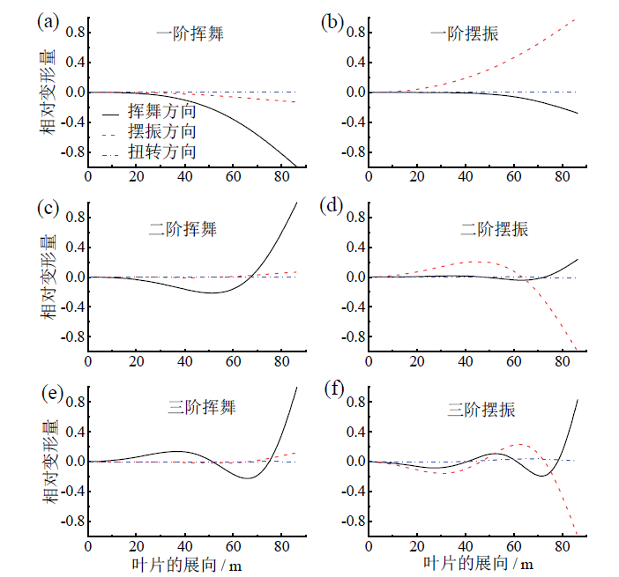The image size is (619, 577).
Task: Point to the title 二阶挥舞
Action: (183, 229)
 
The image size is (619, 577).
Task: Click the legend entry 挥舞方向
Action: (161, 113)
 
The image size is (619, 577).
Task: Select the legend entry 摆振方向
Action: (161, 132)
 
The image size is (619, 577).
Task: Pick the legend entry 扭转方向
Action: (161, 152)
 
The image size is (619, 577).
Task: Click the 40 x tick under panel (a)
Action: (185, 176)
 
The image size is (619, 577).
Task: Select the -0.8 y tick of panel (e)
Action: (63, 521)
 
